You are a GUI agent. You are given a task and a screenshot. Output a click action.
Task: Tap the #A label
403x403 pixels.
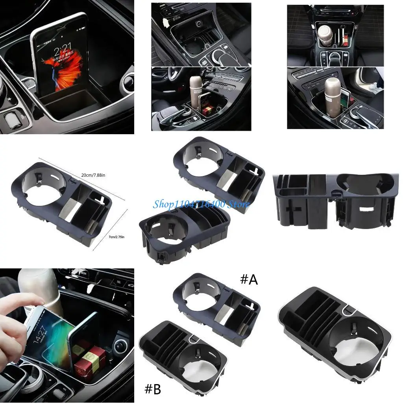(x=249, y=280)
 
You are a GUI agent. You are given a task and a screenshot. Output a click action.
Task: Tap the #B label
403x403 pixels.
(x=153, y=389)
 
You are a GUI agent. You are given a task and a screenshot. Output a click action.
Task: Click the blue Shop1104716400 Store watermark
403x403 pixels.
(x=201, y=204)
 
